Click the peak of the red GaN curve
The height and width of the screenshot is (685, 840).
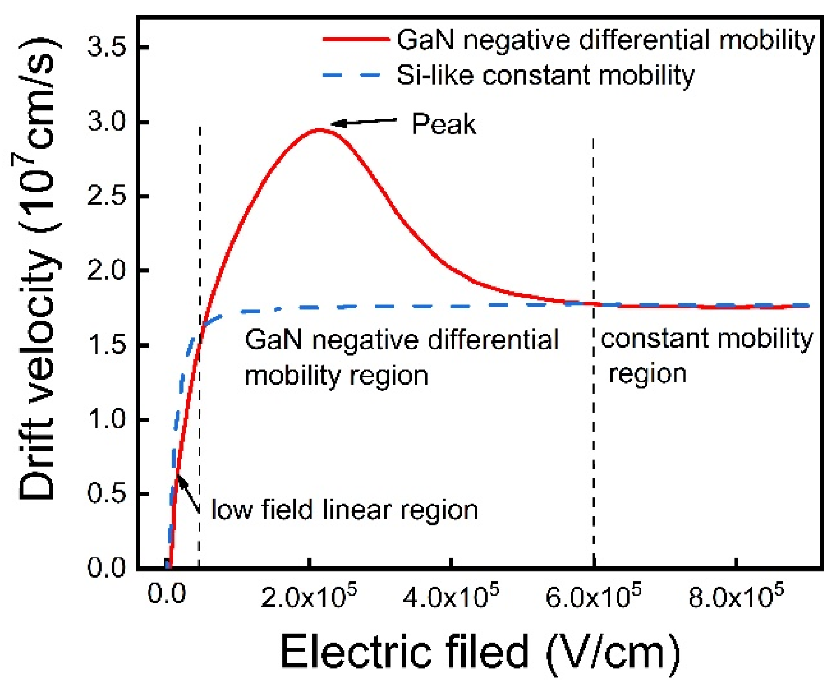coord(319,129)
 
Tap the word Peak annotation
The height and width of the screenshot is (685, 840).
coord(444,125)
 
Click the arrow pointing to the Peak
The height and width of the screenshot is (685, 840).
coord(364,122)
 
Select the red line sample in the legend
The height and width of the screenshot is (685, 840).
coord(356,40)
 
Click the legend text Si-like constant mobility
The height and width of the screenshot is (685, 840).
coord(545,75)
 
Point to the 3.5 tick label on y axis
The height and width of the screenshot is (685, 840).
coord(106,48)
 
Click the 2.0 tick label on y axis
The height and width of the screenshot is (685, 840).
coord(106,271)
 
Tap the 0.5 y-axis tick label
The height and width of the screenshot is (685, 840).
coord(106,494)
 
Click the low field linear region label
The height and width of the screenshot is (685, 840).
coord(345,510)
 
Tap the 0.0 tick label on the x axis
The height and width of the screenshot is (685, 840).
coord(166,594)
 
